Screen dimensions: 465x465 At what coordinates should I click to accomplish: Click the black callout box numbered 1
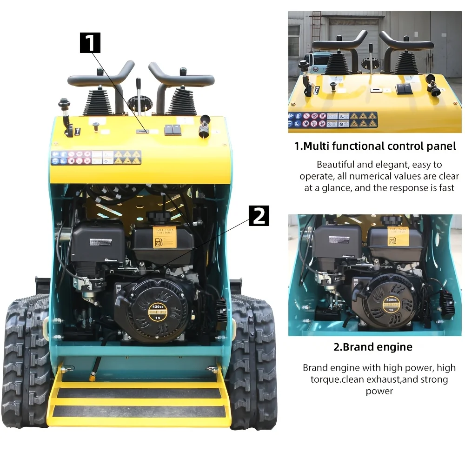pos(90,43)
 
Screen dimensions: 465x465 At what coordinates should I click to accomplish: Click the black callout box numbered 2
pos(259,216)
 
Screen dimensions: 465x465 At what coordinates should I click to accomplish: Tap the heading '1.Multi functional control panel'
pos(375,146)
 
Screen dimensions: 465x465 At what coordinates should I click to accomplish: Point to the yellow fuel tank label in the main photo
pos(165,237)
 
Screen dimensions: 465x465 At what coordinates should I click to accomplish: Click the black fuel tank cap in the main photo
pos(159,217)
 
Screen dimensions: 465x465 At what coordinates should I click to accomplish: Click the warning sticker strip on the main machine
pos(96,158)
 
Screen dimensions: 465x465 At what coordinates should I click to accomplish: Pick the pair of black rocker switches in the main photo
pos(173,130)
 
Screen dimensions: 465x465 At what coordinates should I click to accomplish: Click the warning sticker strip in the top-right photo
pos(332,120)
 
